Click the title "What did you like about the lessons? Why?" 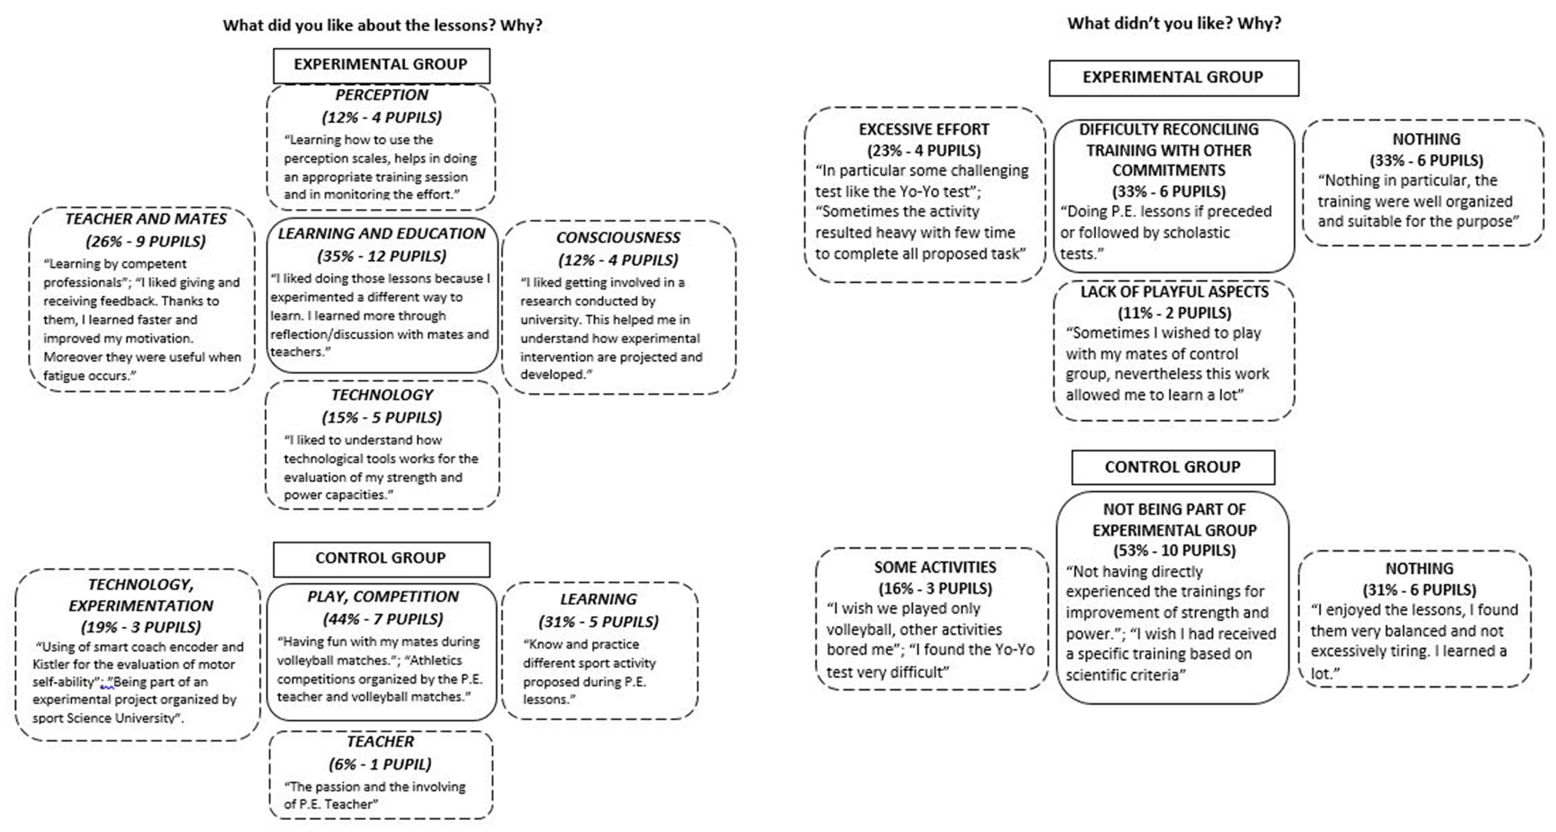coord(382,25)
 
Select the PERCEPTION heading coord(382,95)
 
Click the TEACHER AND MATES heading coord(146,219)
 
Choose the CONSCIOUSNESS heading coord(618,237)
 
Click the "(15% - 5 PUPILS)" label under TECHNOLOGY coord(382,417)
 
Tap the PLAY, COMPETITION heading coord(383,597)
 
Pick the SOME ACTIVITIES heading coord(934,567)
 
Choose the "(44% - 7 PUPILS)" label coord(383,619)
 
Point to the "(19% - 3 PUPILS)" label coord(141,627)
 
